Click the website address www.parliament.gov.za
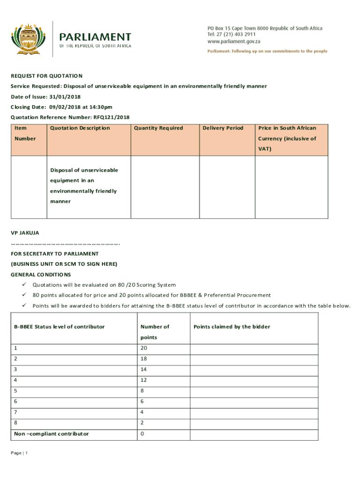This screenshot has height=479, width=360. coord(234,41)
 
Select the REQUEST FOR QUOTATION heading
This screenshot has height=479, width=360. coord(47,76)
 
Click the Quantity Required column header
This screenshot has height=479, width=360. coord(158,128)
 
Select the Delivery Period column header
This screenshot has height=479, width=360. coord(223,128)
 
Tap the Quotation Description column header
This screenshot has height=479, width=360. coord(80,128)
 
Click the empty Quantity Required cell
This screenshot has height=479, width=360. coord(165,187)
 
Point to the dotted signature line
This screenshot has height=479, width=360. coord(65,243)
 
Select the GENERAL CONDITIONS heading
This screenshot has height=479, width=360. coord(41,275)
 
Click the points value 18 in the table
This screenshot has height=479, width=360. coord(143,358)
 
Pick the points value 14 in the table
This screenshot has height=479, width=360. coord(143,369)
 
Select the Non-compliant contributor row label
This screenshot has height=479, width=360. coord(51,434)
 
